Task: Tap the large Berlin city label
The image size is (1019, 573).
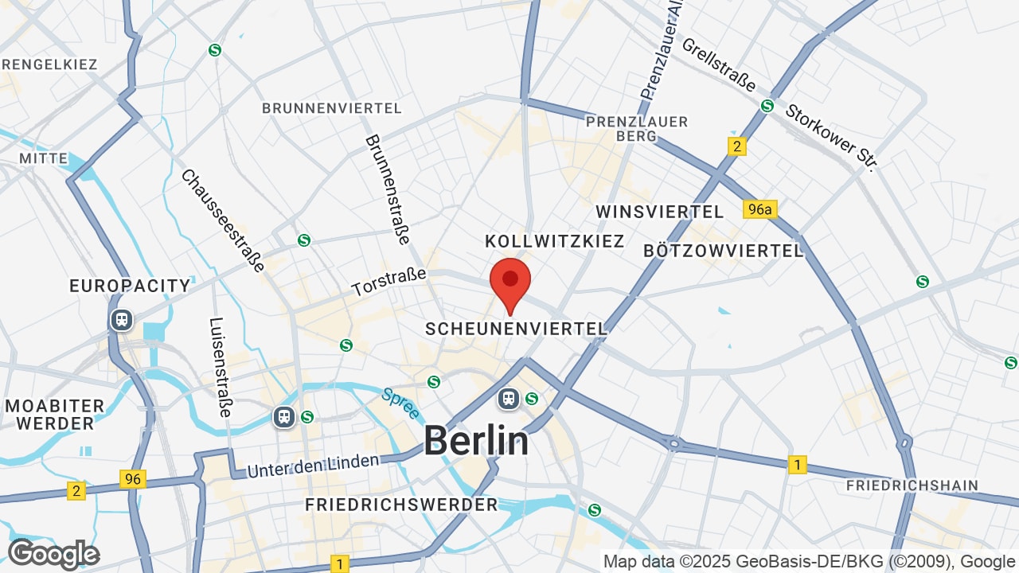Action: (476, 440)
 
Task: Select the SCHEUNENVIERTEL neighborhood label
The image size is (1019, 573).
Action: (516, 329)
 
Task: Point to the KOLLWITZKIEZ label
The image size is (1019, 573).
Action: (555, 241)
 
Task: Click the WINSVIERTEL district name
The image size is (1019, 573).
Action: (660, 212)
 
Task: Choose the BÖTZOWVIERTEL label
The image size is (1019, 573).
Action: (724, 251)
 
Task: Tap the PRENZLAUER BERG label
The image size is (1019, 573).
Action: (637, 129)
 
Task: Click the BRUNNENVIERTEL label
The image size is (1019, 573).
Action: (332, 107)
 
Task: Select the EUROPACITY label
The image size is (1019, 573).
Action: (131, 286)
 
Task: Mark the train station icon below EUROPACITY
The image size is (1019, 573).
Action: (121, 320)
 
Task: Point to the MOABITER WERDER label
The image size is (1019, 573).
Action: (55, 415)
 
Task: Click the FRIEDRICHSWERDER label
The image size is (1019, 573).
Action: (401, 505)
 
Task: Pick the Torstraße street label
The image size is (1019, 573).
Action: (389, 282)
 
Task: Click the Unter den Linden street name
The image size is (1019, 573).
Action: (313, 466)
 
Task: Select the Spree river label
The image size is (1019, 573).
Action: (400, 403)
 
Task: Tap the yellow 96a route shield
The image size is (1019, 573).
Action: (759, 209)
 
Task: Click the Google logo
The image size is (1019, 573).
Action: (53, 554)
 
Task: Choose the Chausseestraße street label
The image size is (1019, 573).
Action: (222, 220)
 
